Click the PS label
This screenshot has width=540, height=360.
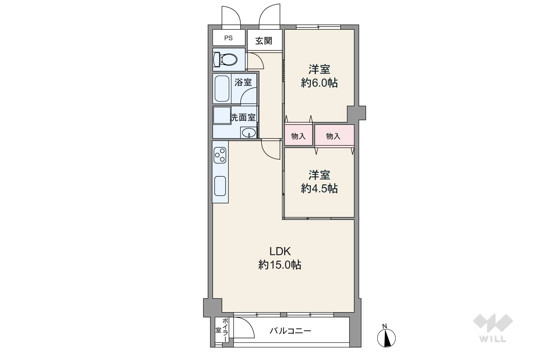[228, 38]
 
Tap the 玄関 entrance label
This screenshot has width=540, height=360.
[264, 41]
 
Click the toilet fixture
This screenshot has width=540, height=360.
[225, 59]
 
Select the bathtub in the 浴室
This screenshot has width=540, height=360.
[222, 88]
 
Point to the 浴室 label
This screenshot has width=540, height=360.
[243, 82]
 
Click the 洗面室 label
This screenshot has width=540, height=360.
[243, 117]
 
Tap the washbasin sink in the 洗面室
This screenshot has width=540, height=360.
[249, 133]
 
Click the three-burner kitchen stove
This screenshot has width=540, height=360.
[220, 155]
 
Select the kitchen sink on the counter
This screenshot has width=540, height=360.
[220, 186]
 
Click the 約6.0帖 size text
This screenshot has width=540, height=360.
[319, 83]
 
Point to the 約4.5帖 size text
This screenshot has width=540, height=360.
[319, 188]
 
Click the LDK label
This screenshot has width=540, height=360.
[280, 252]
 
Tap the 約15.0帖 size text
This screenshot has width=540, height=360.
[280, 265]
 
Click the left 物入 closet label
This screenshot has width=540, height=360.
[298, 136]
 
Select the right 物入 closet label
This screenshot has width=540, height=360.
[333, 136]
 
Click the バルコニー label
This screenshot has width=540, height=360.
[290, 331]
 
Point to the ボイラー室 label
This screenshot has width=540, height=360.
[222, 330]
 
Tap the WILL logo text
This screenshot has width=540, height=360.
[493, 339]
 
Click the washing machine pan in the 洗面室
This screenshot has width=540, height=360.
[222, 115]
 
